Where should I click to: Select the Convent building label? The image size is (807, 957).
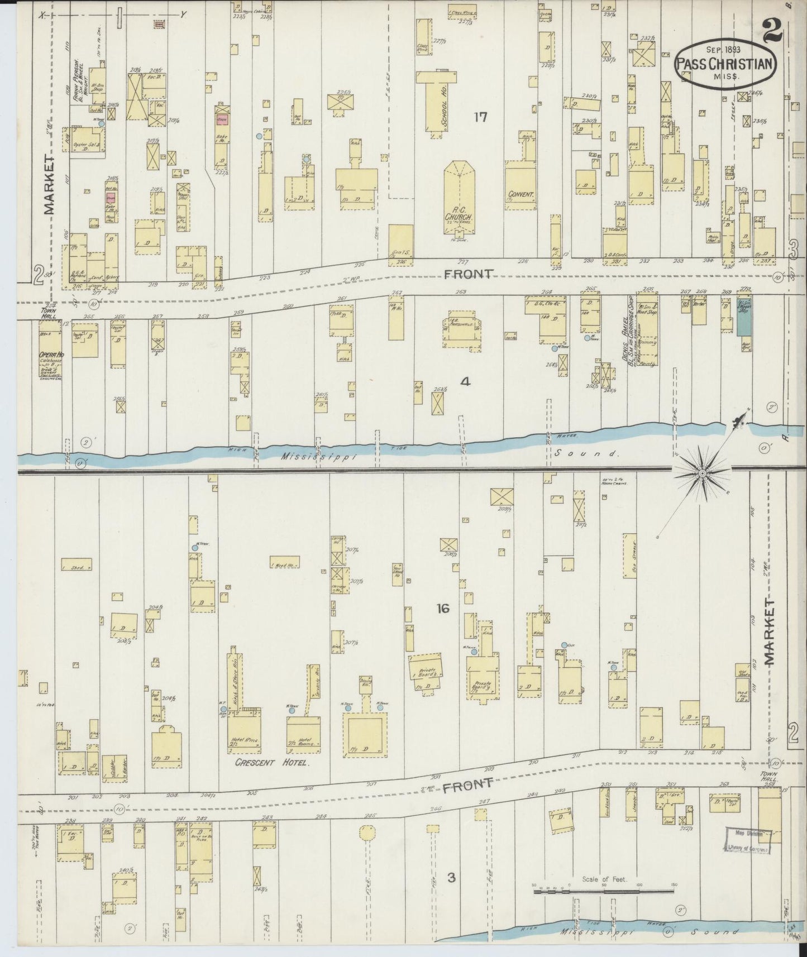[521, 196]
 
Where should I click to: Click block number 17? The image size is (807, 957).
[480, 117]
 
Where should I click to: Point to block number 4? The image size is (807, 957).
[465, 382]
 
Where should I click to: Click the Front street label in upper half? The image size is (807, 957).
[469, 274]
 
